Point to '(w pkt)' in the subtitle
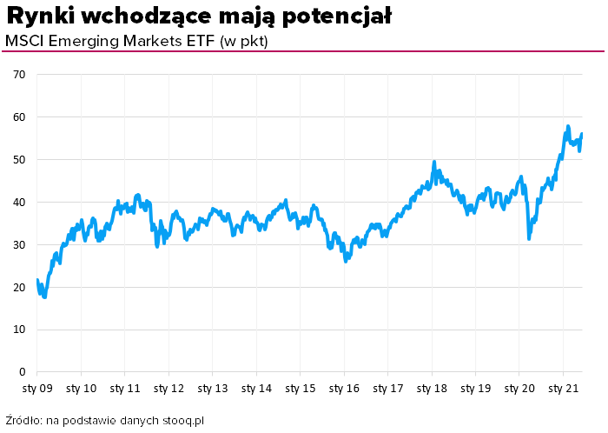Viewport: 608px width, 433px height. coord(244,41)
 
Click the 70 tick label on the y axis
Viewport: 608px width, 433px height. coord(19,75)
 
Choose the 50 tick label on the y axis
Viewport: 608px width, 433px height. coord(19,160)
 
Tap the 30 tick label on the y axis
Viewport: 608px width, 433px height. coord(19,245)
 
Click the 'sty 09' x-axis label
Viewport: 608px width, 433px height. coord(36,388)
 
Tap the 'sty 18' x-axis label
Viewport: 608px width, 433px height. coord(432,388)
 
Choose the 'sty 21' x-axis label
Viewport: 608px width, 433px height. coord(564,388)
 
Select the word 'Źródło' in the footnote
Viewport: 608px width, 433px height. coord(23,421)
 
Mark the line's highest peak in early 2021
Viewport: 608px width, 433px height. coord(567,127)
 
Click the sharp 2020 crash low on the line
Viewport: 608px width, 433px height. coord(529,237)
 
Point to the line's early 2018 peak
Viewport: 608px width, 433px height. coord(433,163)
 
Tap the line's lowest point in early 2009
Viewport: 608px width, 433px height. coord(44,296)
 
